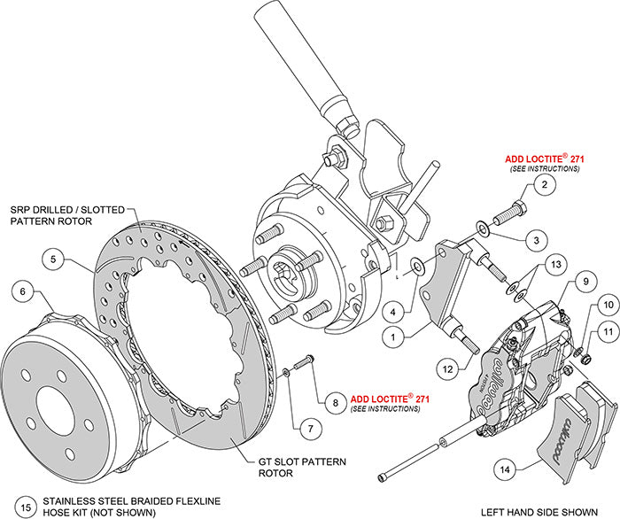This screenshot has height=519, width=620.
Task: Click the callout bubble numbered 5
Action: point(54,260)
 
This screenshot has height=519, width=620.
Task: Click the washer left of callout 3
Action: point(480,230)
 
